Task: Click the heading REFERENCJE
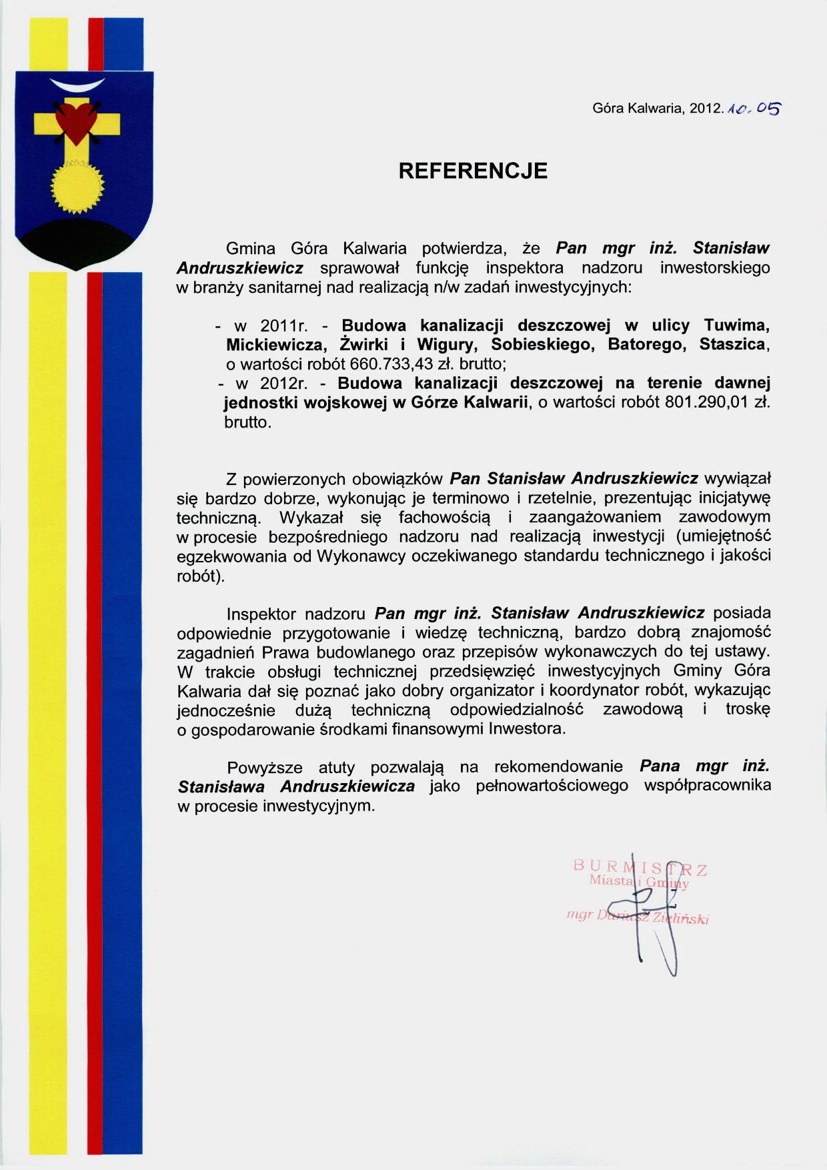[473, 171]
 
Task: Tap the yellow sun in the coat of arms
[77, 188]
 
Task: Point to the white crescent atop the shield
[77, 85]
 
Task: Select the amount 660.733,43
[392, 364]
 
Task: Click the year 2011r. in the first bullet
[283, 326]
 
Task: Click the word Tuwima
[737, 326]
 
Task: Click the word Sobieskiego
[542, 345]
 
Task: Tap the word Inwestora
[526, 728]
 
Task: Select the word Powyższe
[264, 768]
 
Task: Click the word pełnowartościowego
[552, 786]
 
